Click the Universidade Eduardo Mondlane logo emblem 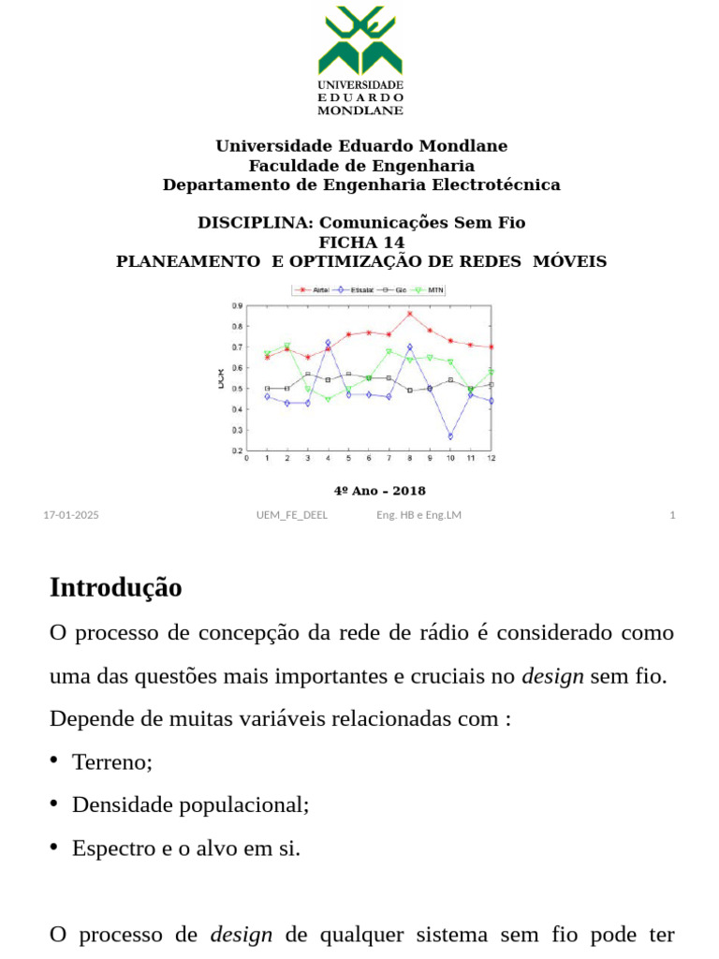click(360, 42)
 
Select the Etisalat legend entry click(357, 290)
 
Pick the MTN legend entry click(429, 290)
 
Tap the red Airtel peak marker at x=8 click(409, 314)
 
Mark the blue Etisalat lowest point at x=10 click(450, 436)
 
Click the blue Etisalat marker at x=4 click(328, 343)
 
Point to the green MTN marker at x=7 click(389, 352)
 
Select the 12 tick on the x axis click(491, 459)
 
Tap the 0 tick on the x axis click(247, 459)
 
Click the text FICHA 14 click(361, 243)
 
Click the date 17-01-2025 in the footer click(71, 515)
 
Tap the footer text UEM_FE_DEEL click(292, 515)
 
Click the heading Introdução click(115, 588)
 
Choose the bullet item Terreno click(111, 762)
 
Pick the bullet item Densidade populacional click(190, 805)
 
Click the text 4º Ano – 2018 click(379, 491)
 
